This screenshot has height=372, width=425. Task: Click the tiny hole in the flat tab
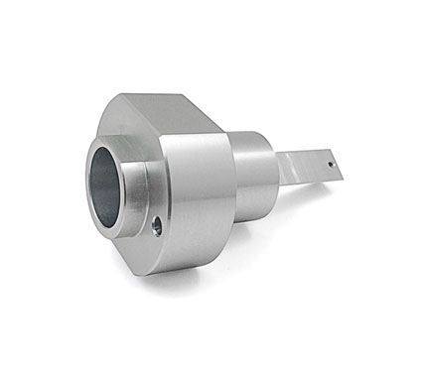tap(330, 157)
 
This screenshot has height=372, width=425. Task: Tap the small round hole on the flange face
tap(157, 227)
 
